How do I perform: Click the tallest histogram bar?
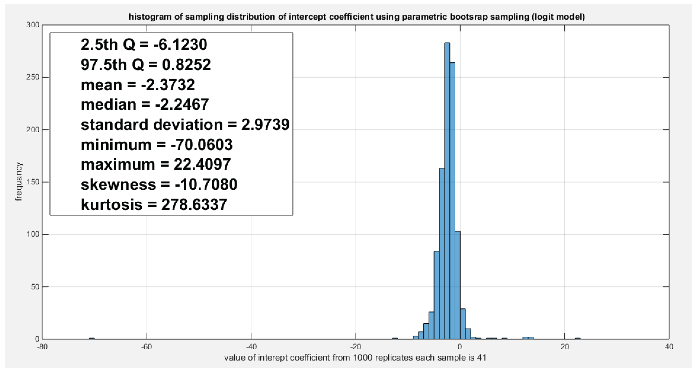tap(447, 189)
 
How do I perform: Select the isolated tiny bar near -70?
tap(92, 338)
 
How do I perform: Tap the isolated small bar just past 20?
tap(578, 338)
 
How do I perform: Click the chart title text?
tap(357, 17)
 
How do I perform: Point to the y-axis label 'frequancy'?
tap(18, 182)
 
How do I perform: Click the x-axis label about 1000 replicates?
tap(355, 358)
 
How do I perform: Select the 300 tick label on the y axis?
tap(33, 25)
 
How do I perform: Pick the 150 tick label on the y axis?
tap(33, 182)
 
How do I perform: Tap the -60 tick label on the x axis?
tap(146, 347)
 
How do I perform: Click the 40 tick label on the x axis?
tap(669, 347)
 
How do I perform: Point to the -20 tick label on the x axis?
tap(355, 347)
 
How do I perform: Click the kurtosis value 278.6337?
tap(194, 205)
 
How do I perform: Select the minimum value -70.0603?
tap(202, 145)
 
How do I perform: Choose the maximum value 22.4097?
tap(202, 164)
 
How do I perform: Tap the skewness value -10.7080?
tap(206, 185)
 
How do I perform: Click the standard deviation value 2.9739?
tap(265, 125)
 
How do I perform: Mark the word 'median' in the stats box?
tap(108, 105)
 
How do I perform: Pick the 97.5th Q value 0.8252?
tap(186, 65)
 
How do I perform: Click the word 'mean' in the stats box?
tap(102, 85)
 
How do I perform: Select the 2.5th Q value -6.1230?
tap(180, 45)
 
